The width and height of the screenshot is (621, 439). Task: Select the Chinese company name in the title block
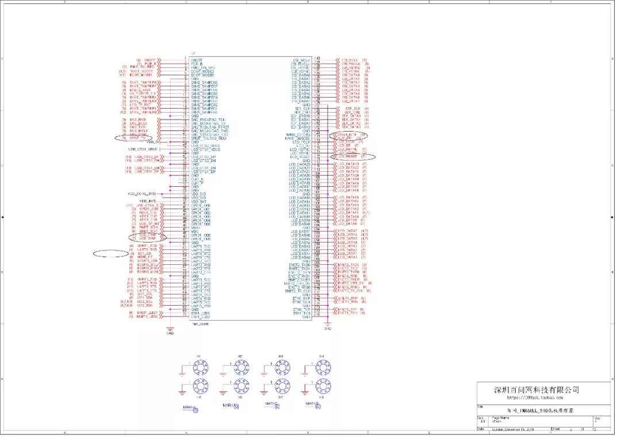click(537, 390)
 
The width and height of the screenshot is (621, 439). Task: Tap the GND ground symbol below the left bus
click(170, 329)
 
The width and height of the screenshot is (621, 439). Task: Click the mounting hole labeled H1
click(199, 367)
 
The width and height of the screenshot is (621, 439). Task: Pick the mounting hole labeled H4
click(321, 367)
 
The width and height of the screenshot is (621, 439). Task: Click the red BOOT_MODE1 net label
click(141, 75)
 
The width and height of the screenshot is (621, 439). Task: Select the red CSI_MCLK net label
click(350, 60)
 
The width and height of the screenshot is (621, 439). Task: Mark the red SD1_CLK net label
click(351, 108)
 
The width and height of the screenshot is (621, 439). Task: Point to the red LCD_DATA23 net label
click(350, 164)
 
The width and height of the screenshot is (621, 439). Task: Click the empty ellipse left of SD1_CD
click(111, 253)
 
